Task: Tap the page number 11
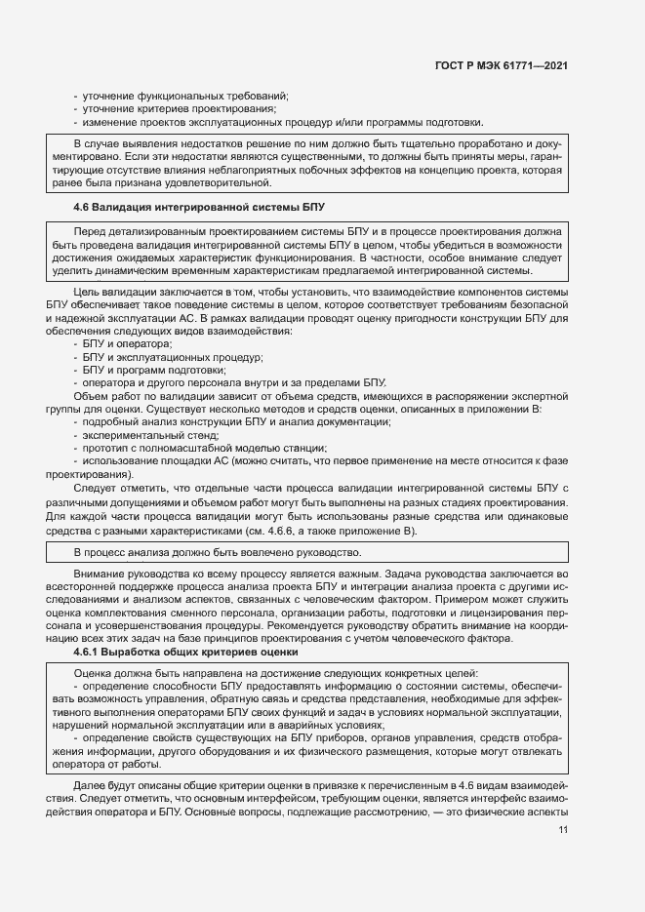click(x=563, y=829)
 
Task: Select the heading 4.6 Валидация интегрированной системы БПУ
click(x=198, y=208)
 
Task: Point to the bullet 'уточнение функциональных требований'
click(x=185, y=96)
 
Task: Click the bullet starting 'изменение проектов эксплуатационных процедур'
click(x=283, y=123)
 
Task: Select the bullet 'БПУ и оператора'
click(x=128, y=344)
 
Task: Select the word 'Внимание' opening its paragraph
click(x=98, y=575)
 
